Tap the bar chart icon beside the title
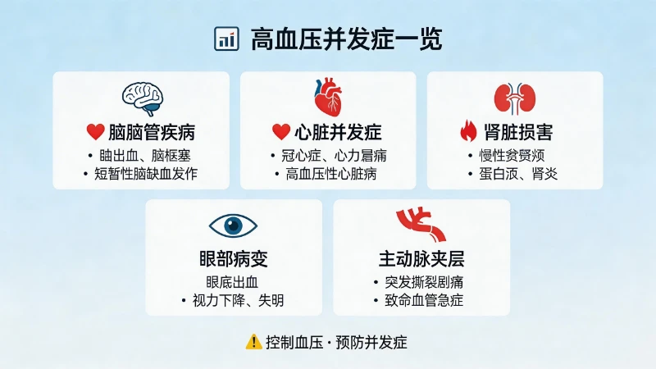225,39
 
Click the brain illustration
141,97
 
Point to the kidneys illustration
514,98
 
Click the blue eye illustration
234,225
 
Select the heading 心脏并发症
338,131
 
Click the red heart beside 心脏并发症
281,131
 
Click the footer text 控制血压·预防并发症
336,341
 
